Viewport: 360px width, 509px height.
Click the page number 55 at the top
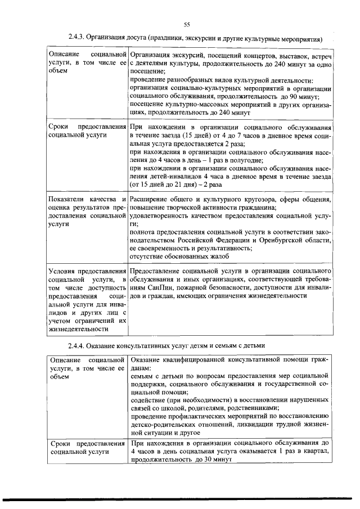pyautogui.click(x=187, y=23)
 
